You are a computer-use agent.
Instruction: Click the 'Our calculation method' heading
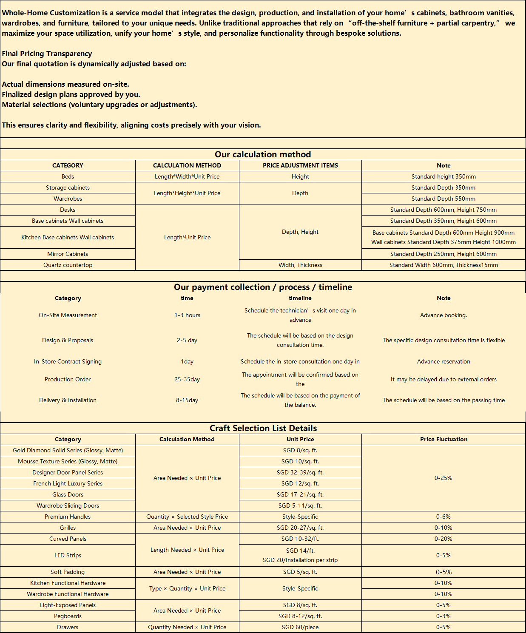(x=263, y=154)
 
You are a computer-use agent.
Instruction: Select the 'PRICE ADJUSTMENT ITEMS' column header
(x=300, y=165)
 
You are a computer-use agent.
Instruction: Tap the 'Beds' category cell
(x=68, y=176)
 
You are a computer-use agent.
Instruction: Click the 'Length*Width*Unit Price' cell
(x=187, y=176)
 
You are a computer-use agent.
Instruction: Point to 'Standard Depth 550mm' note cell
(x=444, y=199)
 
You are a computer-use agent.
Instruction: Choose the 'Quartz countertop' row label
(x=68, y=265)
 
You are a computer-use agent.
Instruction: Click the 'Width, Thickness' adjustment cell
(x=300, y=265)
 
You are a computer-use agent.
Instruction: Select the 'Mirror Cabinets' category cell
(x=68, y=254)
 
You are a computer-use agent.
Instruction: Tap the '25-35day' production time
(x=187, y=379)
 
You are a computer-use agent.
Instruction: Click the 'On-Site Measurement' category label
(x=68, y=315)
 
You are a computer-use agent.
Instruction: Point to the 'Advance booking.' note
(x=444, y=315)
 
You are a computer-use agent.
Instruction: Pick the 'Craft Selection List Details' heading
(x=263, y=428)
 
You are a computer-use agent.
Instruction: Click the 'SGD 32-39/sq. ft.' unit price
(x=300, y=472)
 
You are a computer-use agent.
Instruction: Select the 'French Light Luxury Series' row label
(x=68, y=483)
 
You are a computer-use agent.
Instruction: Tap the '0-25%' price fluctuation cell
(x=444, y=478)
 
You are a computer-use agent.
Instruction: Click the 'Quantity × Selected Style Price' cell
(x=187, y=517)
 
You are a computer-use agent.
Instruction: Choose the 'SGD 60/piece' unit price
(x=300, y=627)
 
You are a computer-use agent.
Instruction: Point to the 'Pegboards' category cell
(x=68, y=616)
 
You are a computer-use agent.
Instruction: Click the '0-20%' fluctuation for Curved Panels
(x=444, y=539)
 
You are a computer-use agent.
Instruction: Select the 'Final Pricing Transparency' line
(x=47, y=54)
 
